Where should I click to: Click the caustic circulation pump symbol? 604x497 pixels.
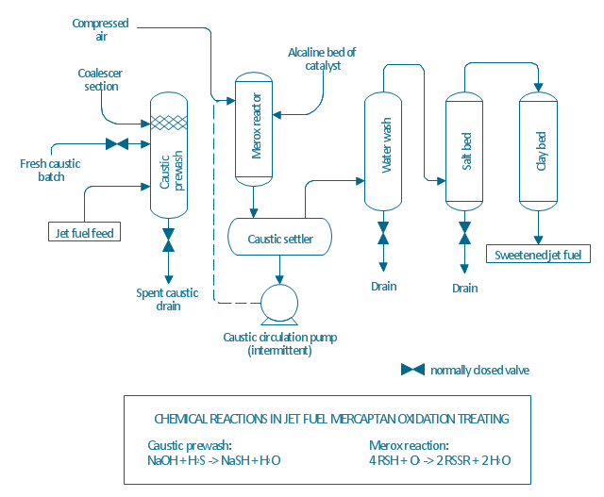[x=279, y=302]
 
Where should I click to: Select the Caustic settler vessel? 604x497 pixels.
[x=279, y=239]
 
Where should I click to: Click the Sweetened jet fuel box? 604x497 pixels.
[x=538, y=254]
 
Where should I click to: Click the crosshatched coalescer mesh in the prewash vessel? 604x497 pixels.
[x=169, y=123]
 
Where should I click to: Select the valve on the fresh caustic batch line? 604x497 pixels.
[x=118, y=144]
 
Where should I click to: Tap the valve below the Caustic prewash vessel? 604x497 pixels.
[x=169, y=240]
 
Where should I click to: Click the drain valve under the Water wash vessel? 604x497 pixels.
[x=383, y=232]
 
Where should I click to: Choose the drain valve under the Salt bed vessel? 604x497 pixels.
[x=464, y=232]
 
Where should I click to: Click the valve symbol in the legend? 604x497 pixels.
[x=412, y=370]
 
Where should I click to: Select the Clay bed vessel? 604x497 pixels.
[x=538, y=151]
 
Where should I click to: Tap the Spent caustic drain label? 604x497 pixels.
[x=167, y=299]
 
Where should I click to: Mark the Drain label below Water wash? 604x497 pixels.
[x=383, y=286]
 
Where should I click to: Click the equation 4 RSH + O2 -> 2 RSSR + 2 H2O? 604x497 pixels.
[x=441, y=460]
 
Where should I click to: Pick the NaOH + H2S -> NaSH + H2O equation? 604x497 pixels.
[x=213, y=460]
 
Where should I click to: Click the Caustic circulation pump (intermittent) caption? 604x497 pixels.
[x=279, y=343]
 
